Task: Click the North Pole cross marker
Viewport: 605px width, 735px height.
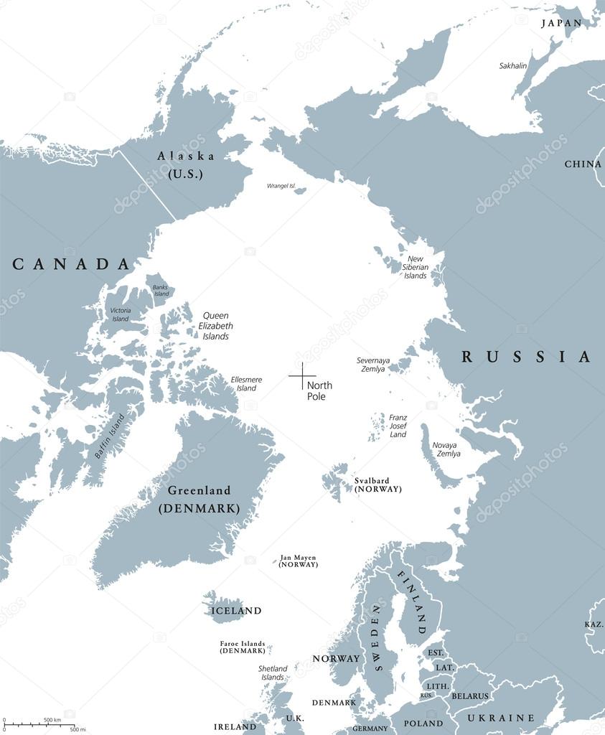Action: tap(302, 375)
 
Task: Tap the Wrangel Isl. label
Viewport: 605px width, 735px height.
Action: tap(281, 186)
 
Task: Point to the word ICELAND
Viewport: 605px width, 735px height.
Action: tap(236, 611)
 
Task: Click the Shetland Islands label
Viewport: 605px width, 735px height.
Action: tap(273, 673)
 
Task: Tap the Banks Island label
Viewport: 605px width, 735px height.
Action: tap(161, 290)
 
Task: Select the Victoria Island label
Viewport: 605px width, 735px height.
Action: tap(120, 314)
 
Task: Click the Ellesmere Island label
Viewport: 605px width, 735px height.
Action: tap(246, 383)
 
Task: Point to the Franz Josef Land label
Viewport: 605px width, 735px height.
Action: tap(398, 426)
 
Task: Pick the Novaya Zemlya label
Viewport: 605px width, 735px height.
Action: tap(446, 449)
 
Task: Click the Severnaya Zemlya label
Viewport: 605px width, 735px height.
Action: tap(371, 365)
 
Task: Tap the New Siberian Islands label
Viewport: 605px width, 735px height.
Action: tap(416, 267)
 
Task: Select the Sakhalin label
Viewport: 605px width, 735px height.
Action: tap(513, 66)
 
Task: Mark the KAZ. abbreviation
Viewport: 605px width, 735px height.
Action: tap(594, 624)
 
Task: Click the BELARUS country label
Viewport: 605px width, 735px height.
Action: tap(470, 696)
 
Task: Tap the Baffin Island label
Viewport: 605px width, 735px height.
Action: tap(109, 436)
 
